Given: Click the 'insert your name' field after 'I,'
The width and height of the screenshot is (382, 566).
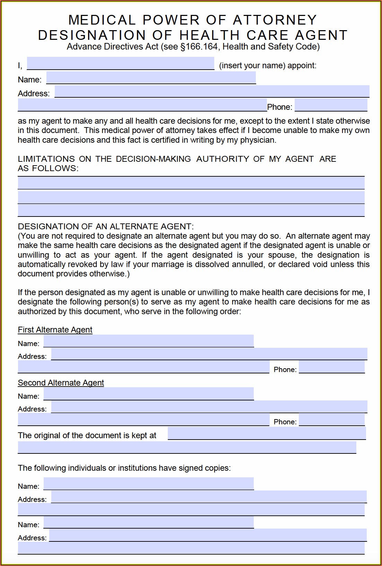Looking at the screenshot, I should [x=120, y=63].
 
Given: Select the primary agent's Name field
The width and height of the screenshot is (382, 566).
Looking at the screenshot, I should [x=151, y=78].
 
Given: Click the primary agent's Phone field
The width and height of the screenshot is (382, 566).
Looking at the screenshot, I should [x=331, y=105].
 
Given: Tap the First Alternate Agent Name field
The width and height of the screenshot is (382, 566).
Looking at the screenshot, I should [x=148, y=341].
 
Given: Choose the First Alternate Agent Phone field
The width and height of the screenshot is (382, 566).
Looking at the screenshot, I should [x=331, y=367].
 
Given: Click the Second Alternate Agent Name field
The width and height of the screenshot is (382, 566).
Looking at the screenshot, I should [x=148, y=394].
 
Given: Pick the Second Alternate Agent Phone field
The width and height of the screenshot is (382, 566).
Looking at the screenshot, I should [x=331, y=420].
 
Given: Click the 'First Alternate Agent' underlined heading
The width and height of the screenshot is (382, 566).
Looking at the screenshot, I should [x=55, y=330].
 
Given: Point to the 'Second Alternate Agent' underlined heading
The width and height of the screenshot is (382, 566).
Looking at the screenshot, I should [x=61, y=383].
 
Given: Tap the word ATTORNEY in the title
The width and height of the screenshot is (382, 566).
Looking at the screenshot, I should [x=275, y=20].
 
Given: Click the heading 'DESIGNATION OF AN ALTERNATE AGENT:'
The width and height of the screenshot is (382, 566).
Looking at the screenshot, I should [x=106, y=227].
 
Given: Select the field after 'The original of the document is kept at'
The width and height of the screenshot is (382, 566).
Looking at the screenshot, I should [x=267, y=433].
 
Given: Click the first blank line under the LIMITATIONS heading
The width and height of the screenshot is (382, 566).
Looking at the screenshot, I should [x=191, y=183].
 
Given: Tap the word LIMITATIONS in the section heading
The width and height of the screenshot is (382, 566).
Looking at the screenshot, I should [x=46, y=159].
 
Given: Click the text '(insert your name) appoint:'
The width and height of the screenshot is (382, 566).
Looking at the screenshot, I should [x=268, y=66].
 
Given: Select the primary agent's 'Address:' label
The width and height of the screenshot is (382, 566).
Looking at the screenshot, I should [x=34, y=94].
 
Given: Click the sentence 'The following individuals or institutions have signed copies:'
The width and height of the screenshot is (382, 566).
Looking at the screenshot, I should [x=124, y=468].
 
